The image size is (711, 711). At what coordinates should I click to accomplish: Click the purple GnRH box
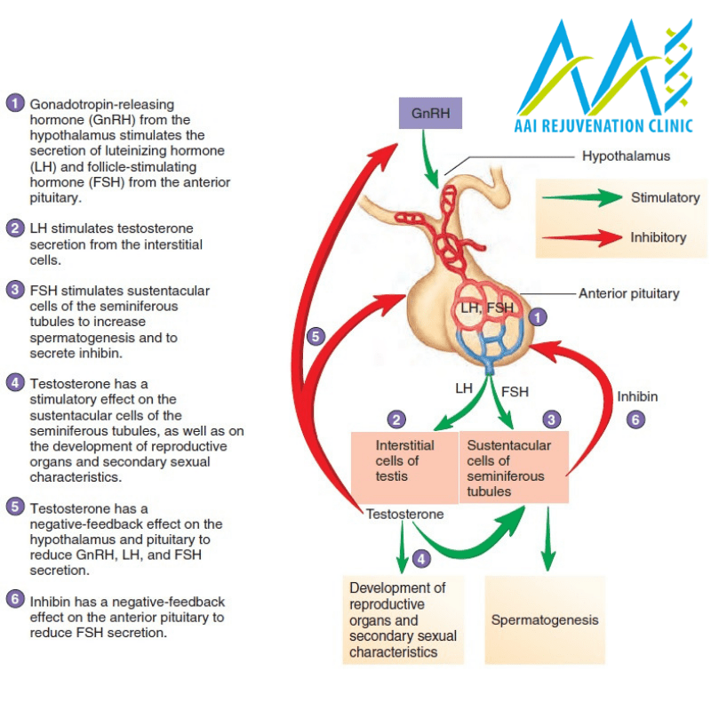coord(430,113)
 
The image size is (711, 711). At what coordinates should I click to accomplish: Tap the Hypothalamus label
coord(626,156)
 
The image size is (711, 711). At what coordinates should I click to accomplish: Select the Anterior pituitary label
coord(628,293)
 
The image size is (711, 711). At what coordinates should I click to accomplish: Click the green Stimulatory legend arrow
coord(581,198)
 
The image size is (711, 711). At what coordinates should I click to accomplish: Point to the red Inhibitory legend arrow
coord(581,237)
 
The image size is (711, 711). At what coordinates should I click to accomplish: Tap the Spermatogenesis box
coord(544,619)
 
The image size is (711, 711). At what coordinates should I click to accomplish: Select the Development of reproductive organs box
coord(403,619)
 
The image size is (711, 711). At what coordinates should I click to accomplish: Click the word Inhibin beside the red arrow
coord(637,396)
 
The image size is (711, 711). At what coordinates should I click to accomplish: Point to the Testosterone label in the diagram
coord(404,514)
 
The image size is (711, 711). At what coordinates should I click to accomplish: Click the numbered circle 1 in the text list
coord(14,102)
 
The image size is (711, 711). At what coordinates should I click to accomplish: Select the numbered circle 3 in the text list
coord(14,290)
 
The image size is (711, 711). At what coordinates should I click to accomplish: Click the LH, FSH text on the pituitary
coord(487,308)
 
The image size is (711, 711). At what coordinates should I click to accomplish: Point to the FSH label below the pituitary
coord(515,391)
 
